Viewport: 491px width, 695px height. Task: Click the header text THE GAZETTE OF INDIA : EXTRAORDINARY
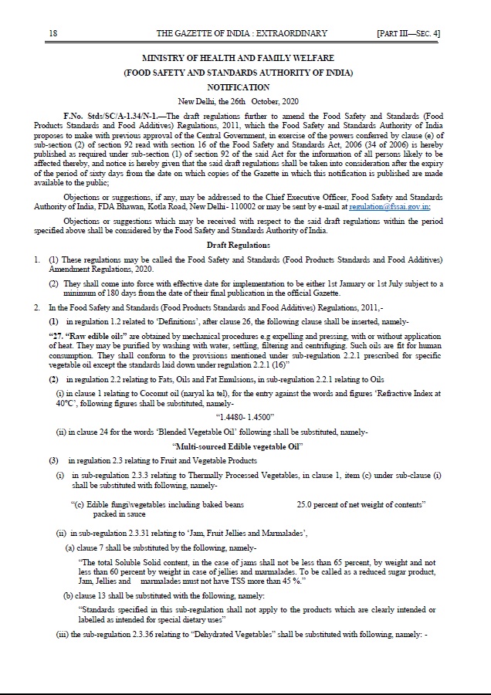point(242,33)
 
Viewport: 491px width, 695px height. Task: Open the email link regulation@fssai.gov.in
point(389,207)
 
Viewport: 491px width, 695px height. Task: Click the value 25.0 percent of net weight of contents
point(361,503)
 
